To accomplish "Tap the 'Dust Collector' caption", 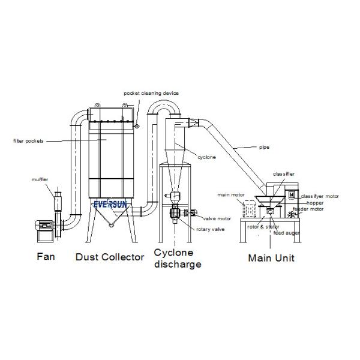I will point(110,257).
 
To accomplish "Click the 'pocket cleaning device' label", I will point(151,93).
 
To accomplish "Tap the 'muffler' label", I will point(40,179).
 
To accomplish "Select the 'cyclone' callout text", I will point(207,157).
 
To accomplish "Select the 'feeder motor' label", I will point(308,209).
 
